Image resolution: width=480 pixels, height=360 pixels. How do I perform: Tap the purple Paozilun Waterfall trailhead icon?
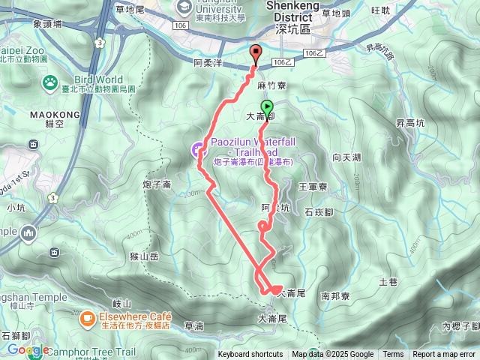point(196,149)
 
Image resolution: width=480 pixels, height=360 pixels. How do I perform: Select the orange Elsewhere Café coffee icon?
point(88,318)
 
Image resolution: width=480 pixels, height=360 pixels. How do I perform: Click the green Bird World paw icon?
point(50,81)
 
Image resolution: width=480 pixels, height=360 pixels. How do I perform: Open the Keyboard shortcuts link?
point(250,355)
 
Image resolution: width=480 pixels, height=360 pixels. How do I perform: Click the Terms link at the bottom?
point(393,355)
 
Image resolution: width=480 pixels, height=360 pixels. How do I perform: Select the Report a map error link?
point(444,355)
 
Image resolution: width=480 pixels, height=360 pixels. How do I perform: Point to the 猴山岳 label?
point(144,256)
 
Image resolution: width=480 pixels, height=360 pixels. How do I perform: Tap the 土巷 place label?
point(388,282)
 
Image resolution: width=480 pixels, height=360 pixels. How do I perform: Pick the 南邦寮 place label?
point(335,296)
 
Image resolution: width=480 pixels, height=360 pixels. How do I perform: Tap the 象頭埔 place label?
point(49,23)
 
